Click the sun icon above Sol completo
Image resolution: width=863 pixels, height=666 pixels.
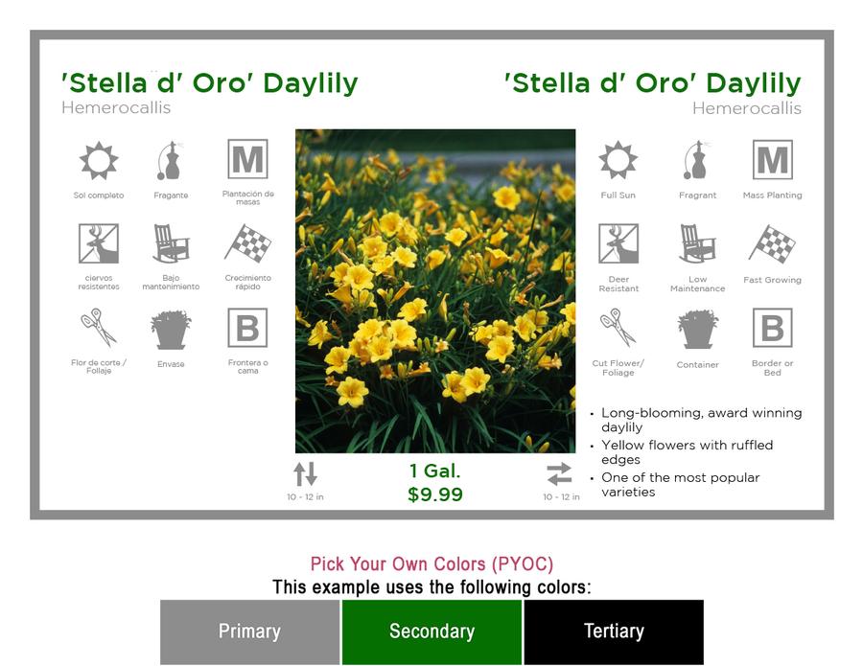(99, 161)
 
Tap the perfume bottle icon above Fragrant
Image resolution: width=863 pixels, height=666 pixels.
(697, 160)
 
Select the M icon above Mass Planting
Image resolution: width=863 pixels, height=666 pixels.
(772, 159)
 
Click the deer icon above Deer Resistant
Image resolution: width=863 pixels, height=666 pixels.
(618, 243)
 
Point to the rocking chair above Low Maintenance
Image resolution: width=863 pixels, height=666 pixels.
(697, 243)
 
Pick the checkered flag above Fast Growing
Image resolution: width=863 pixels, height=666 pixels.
(772, 243)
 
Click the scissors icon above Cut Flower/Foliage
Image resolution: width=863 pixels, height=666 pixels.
(618, 328)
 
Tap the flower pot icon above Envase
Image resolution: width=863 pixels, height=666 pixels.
(171, 330)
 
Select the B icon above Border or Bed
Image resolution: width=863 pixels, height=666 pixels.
(772, 328)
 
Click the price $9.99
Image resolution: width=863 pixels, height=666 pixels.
(434, 494)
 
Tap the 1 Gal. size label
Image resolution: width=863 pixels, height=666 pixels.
(434, 471)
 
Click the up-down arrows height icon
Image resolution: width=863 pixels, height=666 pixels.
(305, 474)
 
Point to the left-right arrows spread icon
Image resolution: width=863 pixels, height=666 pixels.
(560, 474)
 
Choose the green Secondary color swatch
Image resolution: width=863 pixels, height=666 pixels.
(431, 632)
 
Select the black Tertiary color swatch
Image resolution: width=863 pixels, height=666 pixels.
(614, 632)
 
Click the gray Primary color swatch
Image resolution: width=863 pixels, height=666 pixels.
(249, 632)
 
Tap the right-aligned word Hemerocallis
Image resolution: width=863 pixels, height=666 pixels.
(746, 108)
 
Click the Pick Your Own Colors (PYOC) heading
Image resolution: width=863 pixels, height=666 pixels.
(431, 564)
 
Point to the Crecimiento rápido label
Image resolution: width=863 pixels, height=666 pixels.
(247, 282)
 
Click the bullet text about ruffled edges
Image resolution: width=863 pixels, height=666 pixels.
(687, 452)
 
